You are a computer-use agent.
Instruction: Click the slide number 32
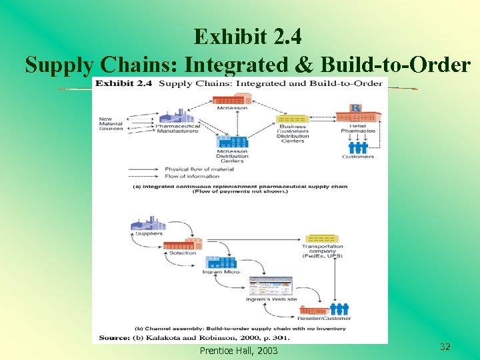pyautogui.click(x=445, y=347)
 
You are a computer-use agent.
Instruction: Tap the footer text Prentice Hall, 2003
pyautogui.click(x=239, y=351)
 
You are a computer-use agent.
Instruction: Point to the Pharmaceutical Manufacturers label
pyautogui.click(x=177, y=129)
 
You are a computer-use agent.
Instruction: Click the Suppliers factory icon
pyautogui.click(x=148, y=225)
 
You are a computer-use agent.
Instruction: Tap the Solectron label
pyautogui.click(x=182, y=253)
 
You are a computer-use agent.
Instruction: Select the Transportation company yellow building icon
pyautogui.click(x=322, y=239)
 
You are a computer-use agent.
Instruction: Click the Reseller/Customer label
pyautogui.click(x=325, y=318)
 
